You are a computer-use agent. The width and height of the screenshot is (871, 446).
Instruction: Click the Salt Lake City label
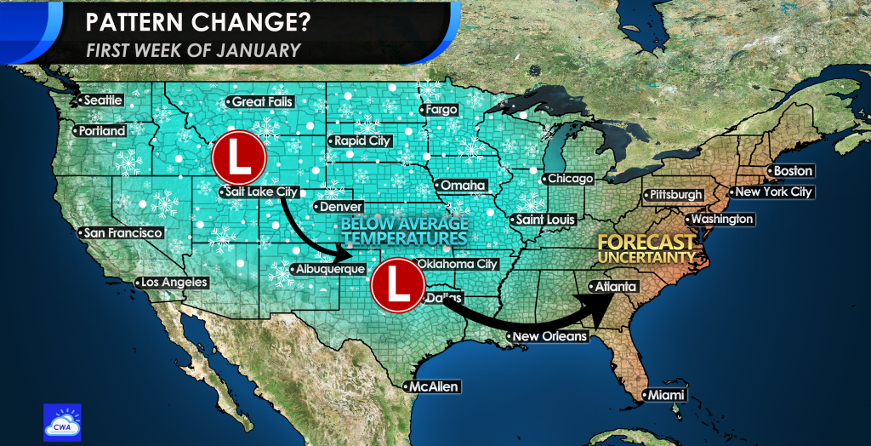point(259,192)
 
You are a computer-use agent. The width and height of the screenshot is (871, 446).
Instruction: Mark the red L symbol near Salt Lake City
point(238,157)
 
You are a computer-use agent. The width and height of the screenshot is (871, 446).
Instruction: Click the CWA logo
point(62,422)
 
